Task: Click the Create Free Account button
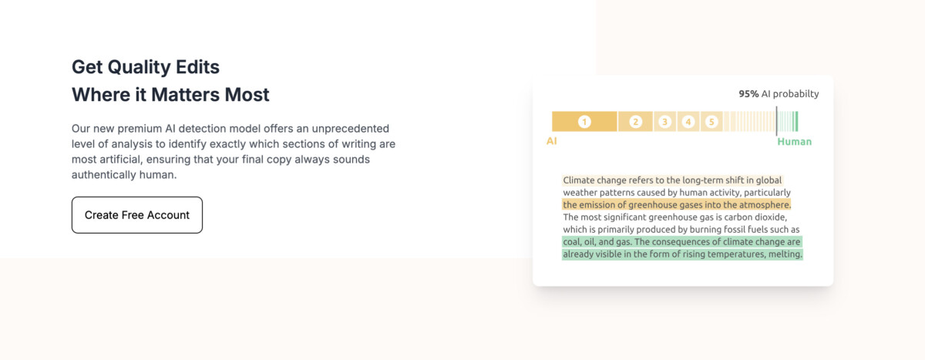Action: point(137,215)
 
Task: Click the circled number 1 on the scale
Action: point(584,122)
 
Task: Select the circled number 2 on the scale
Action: point(636,122)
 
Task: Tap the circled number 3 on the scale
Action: point(664,122)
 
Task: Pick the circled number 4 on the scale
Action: point(688,122)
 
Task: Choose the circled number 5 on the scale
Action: point(711,122)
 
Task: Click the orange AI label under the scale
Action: point(552,142)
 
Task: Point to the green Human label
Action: point(794,142)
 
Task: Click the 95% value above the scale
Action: point(748,94)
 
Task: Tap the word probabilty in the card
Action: point(795,94)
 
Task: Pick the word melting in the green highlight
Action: point(784,254)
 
